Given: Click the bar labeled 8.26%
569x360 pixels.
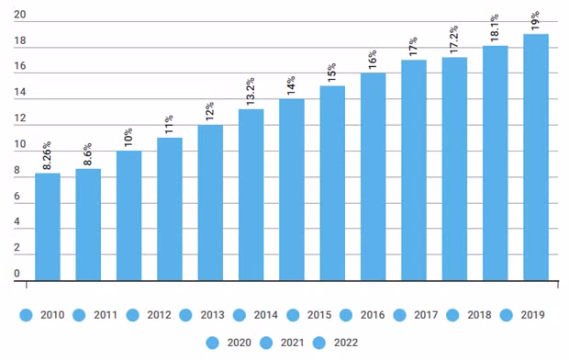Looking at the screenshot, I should click(x=48, y=227).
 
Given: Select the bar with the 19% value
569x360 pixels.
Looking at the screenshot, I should click(x=536, y=157).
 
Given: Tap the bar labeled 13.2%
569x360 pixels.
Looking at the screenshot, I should click(x=251, y=195).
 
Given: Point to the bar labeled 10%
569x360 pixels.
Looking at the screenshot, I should click(x=129, y=215).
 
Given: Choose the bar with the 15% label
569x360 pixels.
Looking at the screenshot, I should click(x=332, y=183).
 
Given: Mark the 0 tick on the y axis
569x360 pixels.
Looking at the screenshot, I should click(x=17, y=274).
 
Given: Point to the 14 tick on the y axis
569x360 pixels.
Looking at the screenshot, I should click(x=19, y=94).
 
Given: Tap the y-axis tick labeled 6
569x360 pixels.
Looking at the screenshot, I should click(x=17, y=197).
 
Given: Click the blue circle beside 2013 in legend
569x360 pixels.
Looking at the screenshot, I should click(x=186, y=315).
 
